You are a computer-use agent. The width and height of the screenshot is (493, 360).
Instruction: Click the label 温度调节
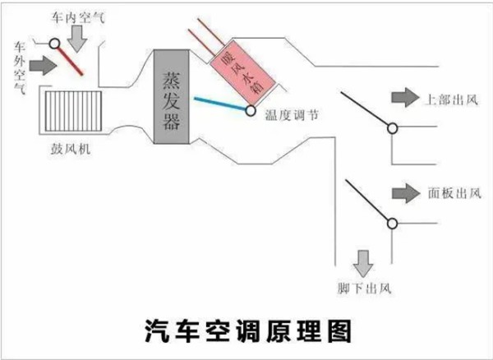pos(288,117)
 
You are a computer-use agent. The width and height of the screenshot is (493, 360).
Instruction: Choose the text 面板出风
pos(452,194)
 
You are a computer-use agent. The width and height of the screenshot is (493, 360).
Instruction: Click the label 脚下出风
pos(362,288)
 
